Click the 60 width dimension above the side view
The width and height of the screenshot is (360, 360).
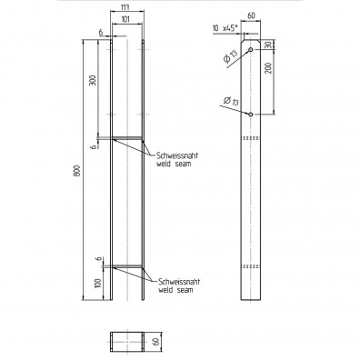tap(252, 16)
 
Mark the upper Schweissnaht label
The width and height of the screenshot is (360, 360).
tap(175, 155)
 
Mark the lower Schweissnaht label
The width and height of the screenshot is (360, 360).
tap(175, 282)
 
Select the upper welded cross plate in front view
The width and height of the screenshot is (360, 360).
tap(126, 138)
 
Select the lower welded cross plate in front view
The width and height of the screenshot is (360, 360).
tap(126, 266)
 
